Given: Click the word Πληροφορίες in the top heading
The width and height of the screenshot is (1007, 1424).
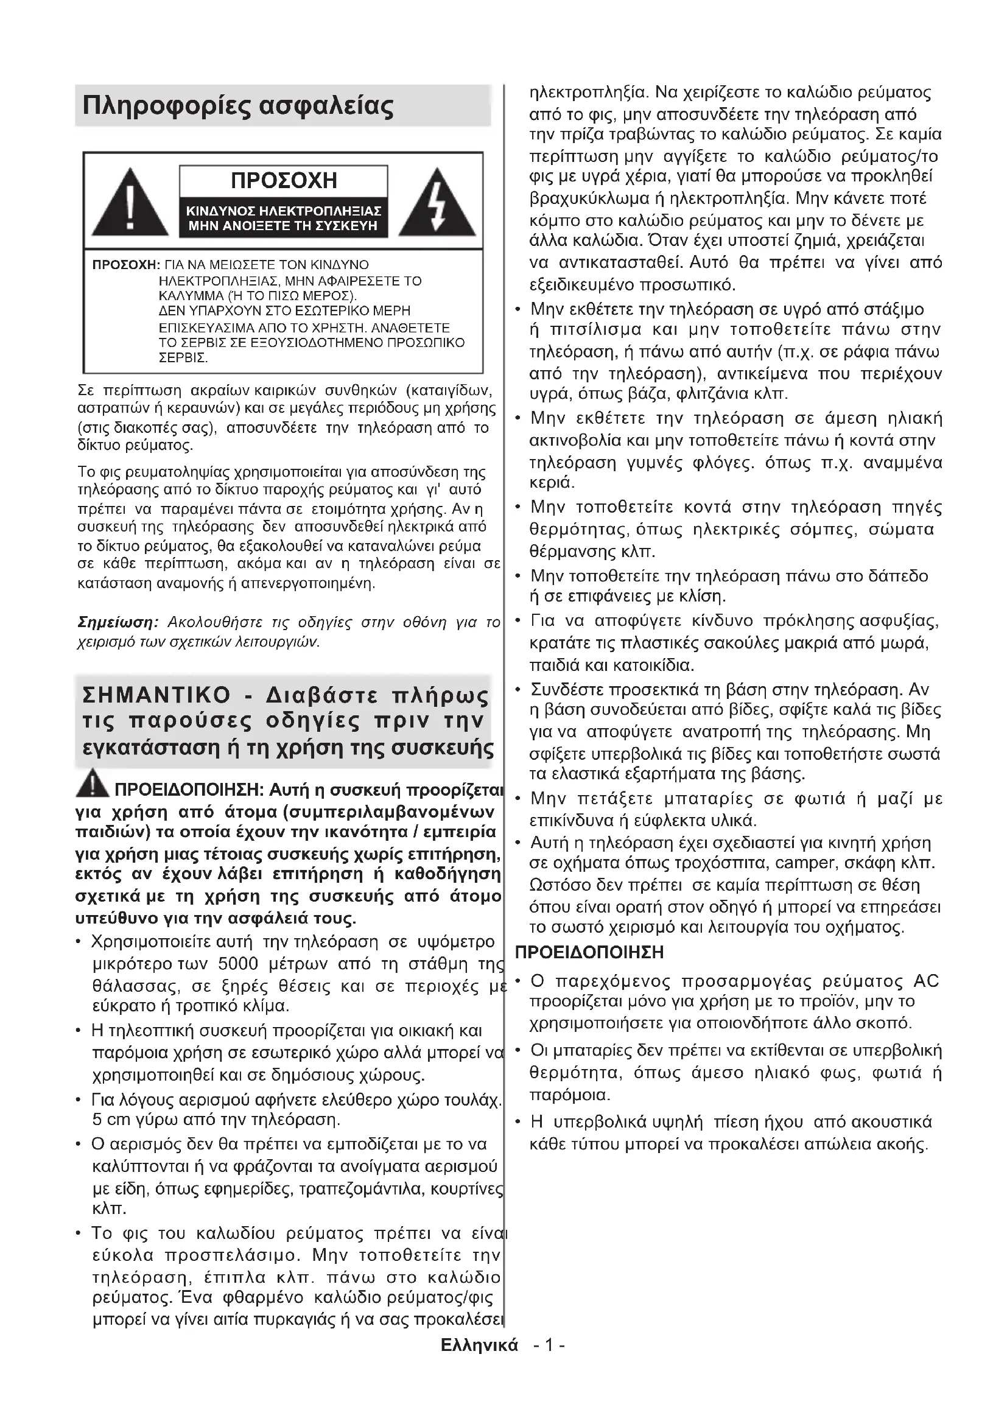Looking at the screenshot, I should tap(165, 107).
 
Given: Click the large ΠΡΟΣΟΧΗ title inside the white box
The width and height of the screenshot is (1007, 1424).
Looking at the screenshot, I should tap(283, 180).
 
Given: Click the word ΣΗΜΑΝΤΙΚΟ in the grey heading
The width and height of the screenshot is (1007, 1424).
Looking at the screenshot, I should tap(156, 695).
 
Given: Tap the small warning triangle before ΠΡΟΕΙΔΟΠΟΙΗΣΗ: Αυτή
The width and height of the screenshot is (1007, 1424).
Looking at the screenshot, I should tap(93, 784).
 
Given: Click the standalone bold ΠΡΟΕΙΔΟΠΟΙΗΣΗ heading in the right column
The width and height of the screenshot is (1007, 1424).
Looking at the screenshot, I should tap(589, 952).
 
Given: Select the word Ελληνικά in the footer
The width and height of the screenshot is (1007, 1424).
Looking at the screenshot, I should tap(479, 1345).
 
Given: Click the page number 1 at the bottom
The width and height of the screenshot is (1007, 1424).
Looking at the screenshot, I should tap(549, 1345).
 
